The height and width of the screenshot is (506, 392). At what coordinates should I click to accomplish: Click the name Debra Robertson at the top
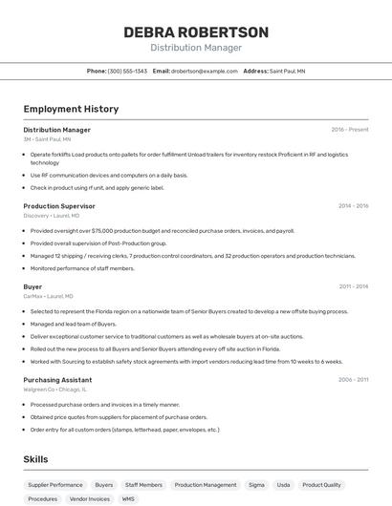pos(196,32)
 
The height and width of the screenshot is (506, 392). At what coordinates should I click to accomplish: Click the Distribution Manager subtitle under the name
pos(196,48)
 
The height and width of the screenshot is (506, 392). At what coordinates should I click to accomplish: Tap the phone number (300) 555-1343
pos(127,71)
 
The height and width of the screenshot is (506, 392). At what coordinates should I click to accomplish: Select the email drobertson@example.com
pos(204,71)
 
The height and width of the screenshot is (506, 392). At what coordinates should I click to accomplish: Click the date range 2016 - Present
pos(349,130)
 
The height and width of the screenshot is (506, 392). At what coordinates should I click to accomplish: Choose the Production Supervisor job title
pos(59,206)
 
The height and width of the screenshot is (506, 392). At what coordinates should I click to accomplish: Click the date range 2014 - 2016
pos(353,206)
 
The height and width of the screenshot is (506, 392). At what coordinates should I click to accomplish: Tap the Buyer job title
pos(33,286)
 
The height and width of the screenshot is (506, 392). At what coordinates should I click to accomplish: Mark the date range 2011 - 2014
pos(353,286)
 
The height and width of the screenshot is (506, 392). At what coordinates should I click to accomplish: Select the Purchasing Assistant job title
pos(57,379)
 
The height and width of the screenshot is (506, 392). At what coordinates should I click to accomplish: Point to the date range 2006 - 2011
pos(353,379)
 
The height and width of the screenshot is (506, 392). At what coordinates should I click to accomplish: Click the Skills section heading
pos(35,459)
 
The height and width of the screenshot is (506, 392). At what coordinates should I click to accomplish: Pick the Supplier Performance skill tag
pos(55,485)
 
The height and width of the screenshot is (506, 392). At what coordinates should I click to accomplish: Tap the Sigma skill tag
pos(256,485)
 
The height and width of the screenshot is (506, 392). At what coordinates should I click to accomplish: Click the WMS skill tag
pos(128,498)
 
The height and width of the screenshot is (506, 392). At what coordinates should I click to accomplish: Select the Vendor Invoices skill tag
pos(90,498)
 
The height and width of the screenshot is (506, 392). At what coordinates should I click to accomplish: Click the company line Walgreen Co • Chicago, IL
pos(54,390)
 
